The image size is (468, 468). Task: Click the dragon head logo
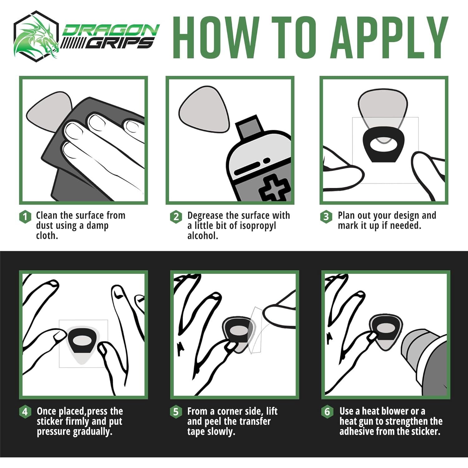tap(37, 36)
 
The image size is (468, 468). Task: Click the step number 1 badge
tap(25, 217)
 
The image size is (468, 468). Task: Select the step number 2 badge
tap(176, 217)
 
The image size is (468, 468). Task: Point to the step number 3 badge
tap(326, 217)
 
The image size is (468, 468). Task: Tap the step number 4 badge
tap(25, 412)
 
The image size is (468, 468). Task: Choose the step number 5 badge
tap(176, 412)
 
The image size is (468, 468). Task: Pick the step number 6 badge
tap(327, 412)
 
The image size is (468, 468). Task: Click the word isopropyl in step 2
tap(252, 226)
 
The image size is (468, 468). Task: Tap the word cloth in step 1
tap(47, 236)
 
